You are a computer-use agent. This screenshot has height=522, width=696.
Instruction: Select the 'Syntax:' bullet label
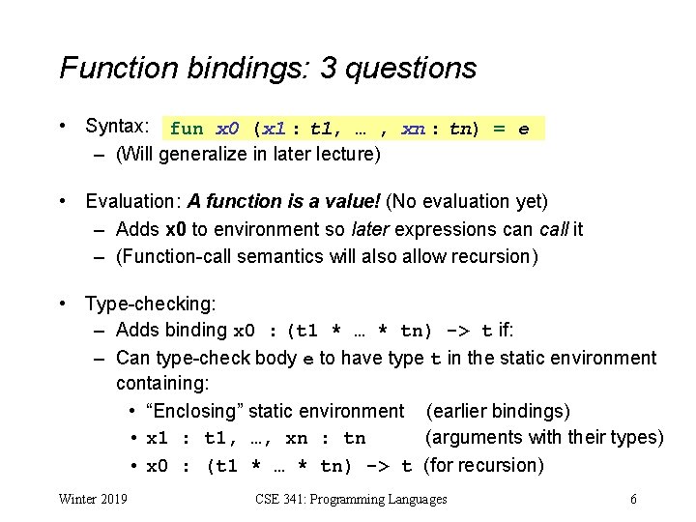point(116,127)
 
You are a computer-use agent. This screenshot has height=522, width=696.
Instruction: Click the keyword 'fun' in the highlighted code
point(187,129)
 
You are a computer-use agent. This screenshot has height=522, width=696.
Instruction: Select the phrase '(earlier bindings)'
point(498,411)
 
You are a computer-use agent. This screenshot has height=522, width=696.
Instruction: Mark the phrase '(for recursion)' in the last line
point(483,465)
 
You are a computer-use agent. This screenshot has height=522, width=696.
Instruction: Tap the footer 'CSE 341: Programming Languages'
point(351,499)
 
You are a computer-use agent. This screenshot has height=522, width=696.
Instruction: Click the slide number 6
point(632,499)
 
